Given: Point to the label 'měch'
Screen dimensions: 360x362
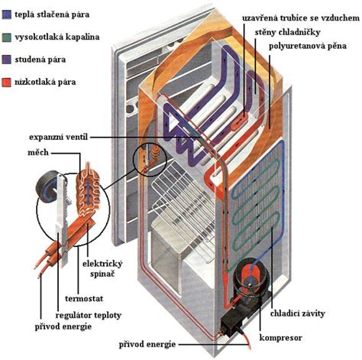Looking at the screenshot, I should (39, 152).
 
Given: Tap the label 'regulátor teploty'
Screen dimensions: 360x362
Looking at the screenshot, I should (69, 314).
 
